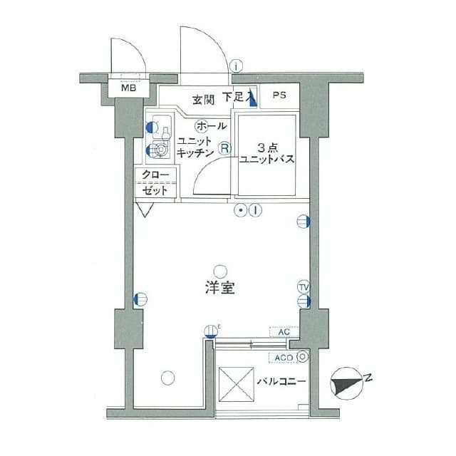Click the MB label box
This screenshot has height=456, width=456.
click(x=129, y=89)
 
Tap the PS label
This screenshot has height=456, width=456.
click(x=279, y=94)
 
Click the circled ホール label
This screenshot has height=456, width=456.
click(x=210, y=126)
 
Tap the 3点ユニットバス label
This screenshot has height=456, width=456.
click(x=267, y=153)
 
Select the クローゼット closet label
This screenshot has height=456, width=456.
click(x=155, y=183)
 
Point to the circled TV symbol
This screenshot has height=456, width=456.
click(x=304, y=287)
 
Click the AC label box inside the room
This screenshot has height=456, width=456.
click(x=284, y=332)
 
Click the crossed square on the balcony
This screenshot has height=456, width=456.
click(x=236, y=383)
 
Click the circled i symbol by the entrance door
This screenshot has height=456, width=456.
click(x=237, y=66)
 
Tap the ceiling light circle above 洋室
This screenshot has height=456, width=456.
click(x=220, y=270)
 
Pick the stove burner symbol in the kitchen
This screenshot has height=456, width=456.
click(x=160, y=150)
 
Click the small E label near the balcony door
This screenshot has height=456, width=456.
click(x=219, y=326)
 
